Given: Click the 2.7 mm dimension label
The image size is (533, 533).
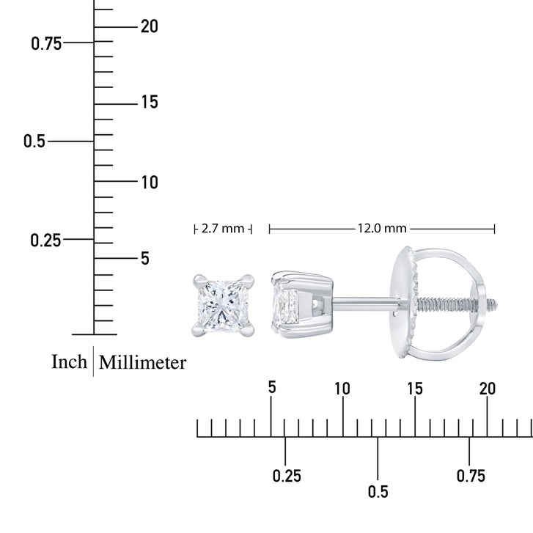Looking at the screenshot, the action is [223, 229].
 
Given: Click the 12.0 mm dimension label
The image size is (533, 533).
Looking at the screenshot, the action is [382, 228].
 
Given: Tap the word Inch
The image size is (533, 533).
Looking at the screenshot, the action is [69, 361].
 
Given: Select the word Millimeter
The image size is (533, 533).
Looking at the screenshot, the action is [142, 362].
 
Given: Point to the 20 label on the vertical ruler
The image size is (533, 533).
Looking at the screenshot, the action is [150, 26].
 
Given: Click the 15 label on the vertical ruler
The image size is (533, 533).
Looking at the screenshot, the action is [150, 102].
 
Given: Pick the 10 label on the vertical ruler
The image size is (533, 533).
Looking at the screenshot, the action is [150, 183].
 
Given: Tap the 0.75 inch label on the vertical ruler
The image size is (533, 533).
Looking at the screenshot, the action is [46, 44].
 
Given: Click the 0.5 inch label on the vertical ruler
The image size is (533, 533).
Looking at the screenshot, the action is [34, 141].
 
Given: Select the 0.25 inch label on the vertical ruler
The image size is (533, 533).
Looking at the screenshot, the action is [45, 240].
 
